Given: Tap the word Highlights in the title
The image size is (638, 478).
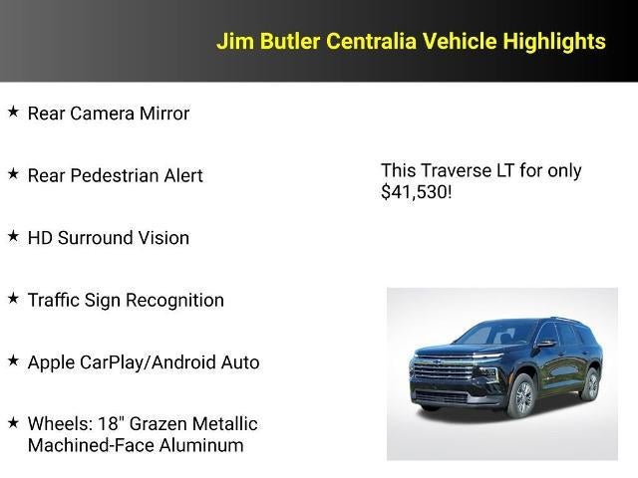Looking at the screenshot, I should pyautogui.click(x=554, y=41).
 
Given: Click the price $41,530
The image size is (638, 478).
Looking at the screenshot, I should pyautogui.click(x=416, y=192).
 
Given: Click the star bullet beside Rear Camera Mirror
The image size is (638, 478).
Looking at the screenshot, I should pyautogui.click(x=13, y=112).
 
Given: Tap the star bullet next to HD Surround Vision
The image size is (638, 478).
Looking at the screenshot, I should pyautogui.click(x=13, y=236).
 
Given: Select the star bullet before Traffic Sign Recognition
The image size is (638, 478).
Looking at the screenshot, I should pyautogui.click(x=13, y=298).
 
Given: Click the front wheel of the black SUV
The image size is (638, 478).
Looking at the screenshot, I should pyautogui.click(x=520, y=396).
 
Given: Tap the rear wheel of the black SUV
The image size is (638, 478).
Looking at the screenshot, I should pyautogui.click(x=589, y=383).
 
